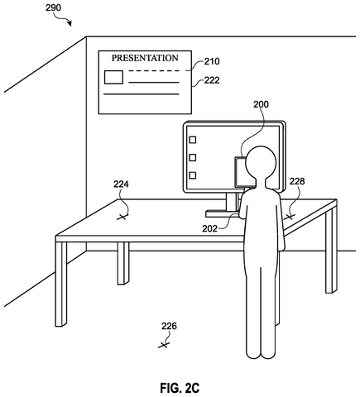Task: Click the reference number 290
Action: point(53,7)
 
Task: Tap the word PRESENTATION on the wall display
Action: point(145,58)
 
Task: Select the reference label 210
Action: point(212,61)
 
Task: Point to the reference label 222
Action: point(212,80)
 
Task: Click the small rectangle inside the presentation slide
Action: point(113,77)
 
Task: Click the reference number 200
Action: point(261,104)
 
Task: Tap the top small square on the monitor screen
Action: point(193,140)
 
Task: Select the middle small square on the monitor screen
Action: point(193,157)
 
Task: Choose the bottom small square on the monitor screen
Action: point(193,175)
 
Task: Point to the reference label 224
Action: point(121,184)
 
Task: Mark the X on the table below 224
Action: point(122,217)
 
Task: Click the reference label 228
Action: point(297,181)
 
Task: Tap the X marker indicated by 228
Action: point(289,217)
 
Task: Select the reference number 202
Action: point(209,228)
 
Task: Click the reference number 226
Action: point(169,327)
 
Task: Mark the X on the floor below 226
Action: point(164,345)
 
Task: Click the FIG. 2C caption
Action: point(180,388)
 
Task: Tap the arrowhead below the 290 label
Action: point(70,23)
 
